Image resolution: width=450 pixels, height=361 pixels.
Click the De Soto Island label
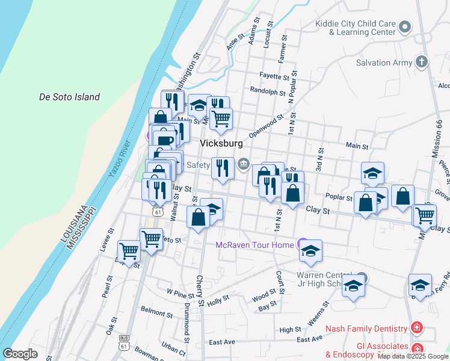click(x=69, y=97)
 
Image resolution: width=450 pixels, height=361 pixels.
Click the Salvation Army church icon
click(x=422, y=62)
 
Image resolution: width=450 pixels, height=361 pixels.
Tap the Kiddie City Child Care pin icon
click(x=405, y=26)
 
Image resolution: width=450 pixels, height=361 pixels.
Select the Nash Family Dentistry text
click(x=366, y=329)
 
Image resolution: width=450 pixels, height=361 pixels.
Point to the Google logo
click(x=20, y=354)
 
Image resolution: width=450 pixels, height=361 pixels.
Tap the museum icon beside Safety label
click(x=244, y=163)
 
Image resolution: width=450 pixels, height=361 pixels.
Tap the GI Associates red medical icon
click(x=416, y=348)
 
